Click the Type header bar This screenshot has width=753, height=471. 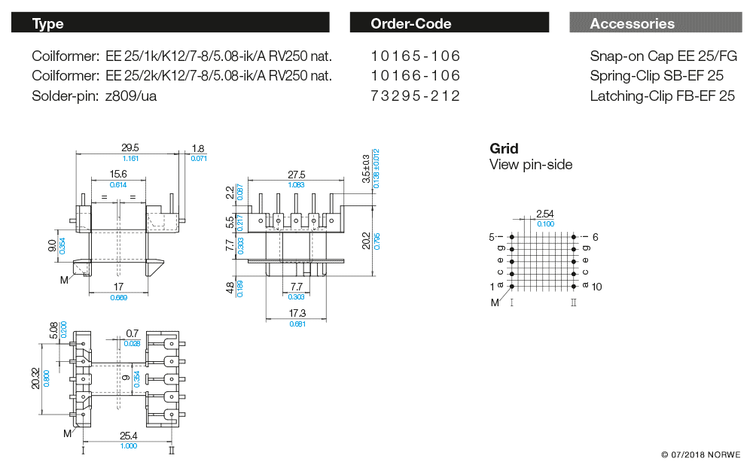[170, 23]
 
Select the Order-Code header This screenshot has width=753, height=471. [450, 23]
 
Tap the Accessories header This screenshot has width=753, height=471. [654, 23]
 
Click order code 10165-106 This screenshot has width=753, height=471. [416, 56]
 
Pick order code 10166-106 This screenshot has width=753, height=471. [416, 76]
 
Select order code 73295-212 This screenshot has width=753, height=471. [416, 96]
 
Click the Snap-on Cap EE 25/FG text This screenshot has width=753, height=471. [663, 56]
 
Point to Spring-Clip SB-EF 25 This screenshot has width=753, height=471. [657, 76]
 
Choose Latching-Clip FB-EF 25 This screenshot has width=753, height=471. [662, 96]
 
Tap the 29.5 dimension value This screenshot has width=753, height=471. [131, 149]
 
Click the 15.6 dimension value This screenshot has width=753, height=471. [118, 175]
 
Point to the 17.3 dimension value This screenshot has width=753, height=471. [297, 313]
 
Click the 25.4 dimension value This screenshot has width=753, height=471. [129, 436]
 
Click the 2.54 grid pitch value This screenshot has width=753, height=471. [544, 214]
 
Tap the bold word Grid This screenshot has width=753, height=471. [504, 148]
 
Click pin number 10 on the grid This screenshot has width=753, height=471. [597, 287]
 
